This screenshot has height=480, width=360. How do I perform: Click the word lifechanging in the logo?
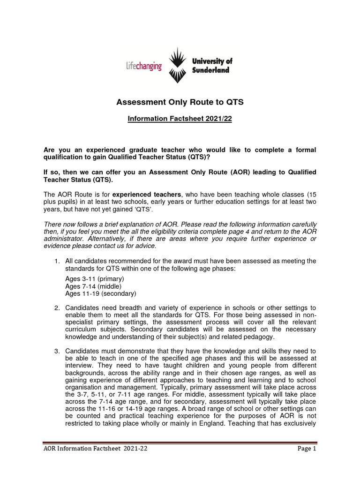click(x=144, y=66)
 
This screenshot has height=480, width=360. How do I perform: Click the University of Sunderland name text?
click(x=212, y=66)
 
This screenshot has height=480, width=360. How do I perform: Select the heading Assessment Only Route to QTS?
click(x=180, y=102)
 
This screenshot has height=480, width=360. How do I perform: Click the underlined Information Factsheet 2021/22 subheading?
click(x=180, y=119)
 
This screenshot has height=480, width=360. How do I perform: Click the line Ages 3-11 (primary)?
click(x=95, y=279)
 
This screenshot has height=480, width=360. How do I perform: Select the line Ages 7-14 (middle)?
click(x=93, y=286)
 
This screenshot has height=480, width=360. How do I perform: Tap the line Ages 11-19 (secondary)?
click(x=100, y=294)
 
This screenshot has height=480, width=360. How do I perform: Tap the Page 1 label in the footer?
click(x=307, y=449)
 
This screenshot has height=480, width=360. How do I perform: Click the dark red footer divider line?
click(x=180, y=442)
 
